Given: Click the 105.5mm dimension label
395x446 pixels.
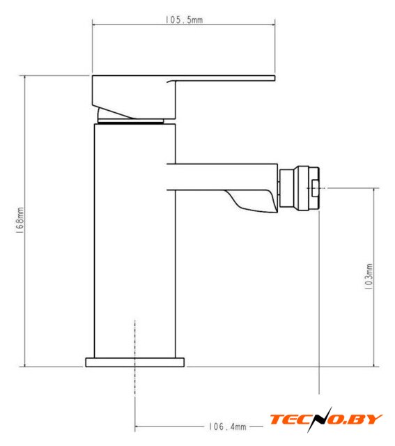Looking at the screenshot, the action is [x=184, y=20].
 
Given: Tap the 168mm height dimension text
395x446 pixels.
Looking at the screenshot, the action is [x=20, y=221].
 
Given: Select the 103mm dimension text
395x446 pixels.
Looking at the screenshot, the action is [x=369, y=277].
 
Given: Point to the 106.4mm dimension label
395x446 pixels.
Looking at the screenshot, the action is [x=228, y=426].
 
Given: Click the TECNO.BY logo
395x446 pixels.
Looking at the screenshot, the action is [x=326, y=420].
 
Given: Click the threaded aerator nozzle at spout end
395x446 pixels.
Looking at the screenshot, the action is [x=300, y=188].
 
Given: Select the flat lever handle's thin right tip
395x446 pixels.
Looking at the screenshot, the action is [x=274, y=78].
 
